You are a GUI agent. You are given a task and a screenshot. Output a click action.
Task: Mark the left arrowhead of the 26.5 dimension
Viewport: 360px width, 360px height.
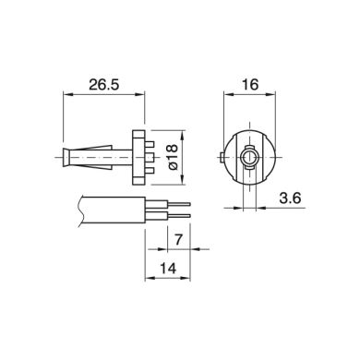point(66,92)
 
